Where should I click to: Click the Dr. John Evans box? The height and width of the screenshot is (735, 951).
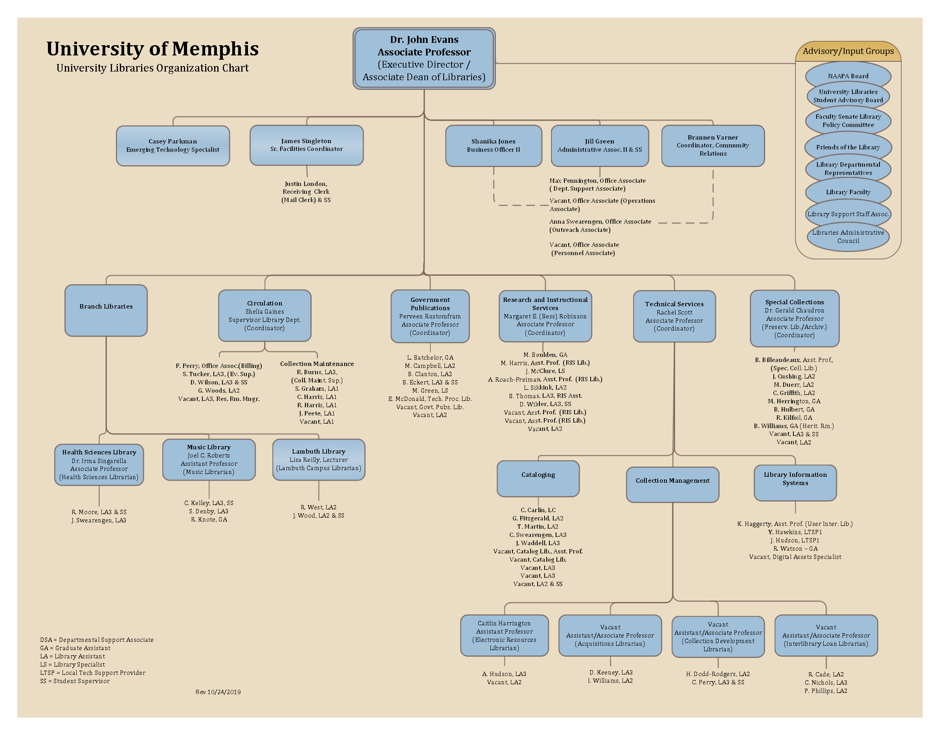[x=424, y=58]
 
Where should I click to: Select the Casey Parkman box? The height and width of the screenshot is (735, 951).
[x=173, y=145]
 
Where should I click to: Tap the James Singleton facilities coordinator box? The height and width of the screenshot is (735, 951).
[x=306, y=145]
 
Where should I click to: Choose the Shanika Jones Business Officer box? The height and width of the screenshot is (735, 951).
[x=493, y=145]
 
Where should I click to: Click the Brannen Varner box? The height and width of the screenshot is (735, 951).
[x=712, y=145]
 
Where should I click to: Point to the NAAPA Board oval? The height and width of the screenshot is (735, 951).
[x=847, y=76]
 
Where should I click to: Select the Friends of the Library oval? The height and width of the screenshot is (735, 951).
[x=847, y=147]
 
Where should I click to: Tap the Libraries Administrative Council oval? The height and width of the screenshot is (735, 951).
[x=847, y=237]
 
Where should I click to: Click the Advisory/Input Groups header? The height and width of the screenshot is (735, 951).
[x=848, y=51]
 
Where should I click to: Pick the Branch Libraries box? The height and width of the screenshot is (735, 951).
[x=106, y=310]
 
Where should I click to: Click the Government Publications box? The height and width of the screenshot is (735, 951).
[x=430, y=316]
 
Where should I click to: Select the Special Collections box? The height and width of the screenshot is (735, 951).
[x=794, y=318]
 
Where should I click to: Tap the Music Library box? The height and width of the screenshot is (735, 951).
[x=209, y=459]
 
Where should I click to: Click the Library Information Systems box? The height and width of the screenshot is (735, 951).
[x=795, y=482]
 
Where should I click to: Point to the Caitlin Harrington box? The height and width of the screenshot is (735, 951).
[x=504, y=635]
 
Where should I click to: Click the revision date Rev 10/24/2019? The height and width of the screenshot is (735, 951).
[x=218, y=692]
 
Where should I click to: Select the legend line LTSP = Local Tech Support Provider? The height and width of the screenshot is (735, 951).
[x=93, y=673]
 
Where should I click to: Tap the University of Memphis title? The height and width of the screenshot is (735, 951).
[x=152, y=49]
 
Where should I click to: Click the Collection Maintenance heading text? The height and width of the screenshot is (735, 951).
[x=317, y=364]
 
